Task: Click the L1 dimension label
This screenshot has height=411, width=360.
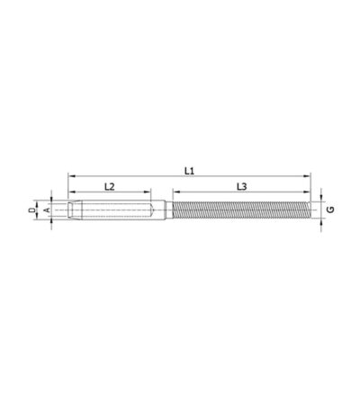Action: click(x=189, y=171)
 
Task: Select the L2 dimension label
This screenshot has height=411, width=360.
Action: click(x=110, y=187)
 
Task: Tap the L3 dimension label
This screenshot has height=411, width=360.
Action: click(x=241, y=187)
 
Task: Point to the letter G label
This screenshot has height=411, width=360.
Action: click(x=330, y=210)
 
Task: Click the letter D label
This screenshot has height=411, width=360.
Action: click(x=31, y=210)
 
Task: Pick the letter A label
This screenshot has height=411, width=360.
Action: click(x=47, y=210)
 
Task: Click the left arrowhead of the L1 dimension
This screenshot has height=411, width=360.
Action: click(x=71, y=176)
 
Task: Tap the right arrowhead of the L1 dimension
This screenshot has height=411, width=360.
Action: click(x=307, y=176)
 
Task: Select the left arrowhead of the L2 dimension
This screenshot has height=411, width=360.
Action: click(x=71, y=192)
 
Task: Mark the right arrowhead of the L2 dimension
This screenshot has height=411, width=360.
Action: click(x=148, y=192)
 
